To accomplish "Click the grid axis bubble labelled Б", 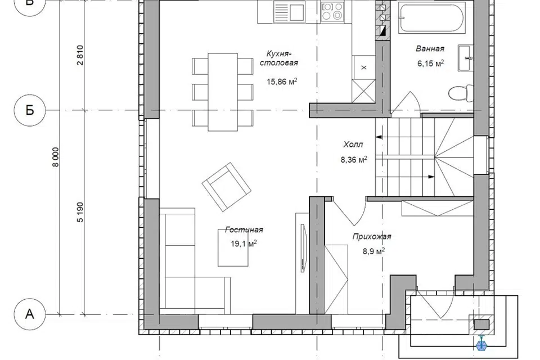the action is (30, 110).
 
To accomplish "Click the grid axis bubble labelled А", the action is (30, 314).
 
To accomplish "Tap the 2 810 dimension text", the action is (80, 55).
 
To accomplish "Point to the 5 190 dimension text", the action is (80, 212).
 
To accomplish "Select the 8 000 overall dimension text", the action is (56, 157).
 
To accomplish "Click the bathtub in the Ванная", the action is (432, 18).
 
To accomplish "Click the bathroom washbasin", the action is (466, 58).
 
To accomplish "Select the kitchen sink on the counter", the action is (289, 12).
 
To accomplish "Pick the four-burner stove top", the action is (332, 11).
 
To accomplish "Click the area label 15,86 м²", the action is (282, 82).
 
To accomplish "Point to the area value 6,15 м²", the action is (430, 63).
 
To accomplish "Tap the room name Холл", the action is (353, 145).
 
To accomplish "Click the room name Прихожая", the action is (372, 237).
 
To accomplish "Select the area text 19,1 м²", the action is (244, 244).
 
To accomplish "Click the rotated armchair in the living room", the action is (226, 187).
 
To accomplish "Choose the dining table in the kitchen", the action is (223, 92).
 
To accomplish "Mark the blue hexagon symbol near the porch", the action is (481, 345).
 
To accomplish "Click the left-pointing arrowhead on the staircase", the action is (379, 137).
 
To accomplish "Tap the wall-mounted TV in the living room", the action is (303, 248).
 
